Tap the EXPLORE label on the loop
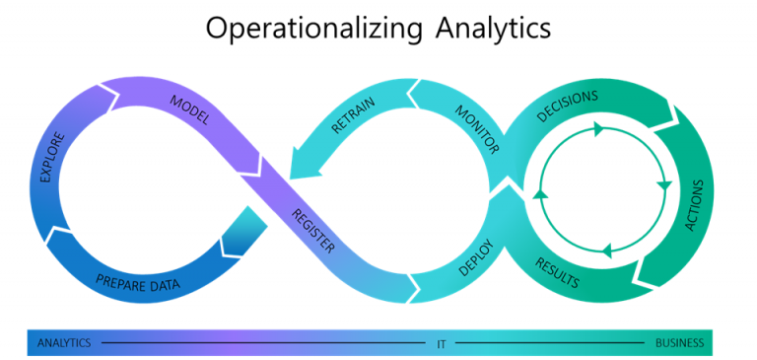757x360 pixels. (x=54, y=157)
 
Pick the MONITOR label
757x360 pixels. (x=477, y=129)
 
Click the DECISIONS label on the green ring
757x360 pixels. (x=567, y=106)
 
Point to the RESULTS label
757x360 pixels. (x=556, y=272)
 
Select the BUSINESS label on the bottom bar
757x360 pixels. (x=679, y=343)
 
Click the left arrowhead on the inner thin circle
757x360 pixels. (x=538, y=193)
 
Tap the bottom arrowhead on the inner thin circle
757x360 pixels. (x=606, y=250)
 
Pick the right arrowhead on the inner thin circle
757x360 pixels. (x=664, y=184)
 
